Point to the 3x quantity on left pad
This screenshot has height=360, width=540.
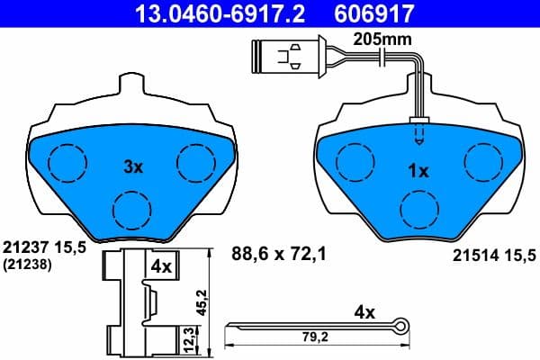133,166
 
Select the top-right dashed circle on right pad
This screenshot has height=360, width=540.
481,162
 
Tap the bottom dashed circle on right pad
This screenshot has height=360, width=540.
419,211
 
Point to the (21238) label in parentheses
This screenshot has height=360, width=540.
28,264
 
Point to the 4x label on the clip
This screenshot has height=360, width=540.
161,266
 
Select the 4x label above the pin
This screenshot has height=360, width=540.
364,313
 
